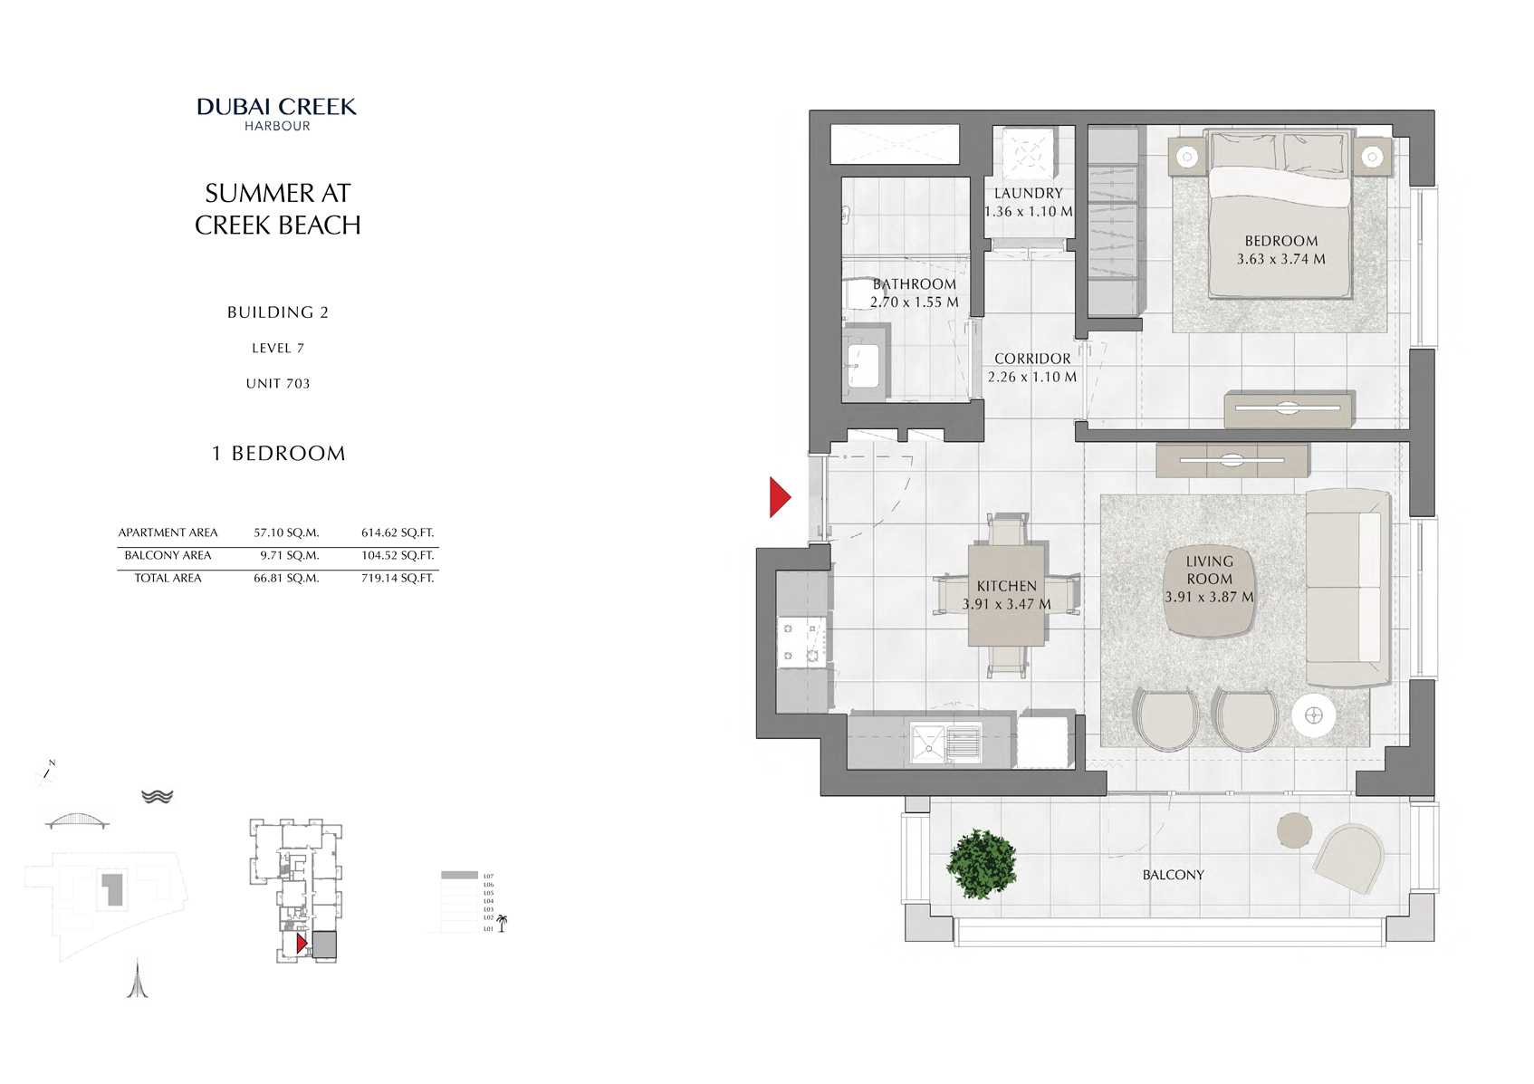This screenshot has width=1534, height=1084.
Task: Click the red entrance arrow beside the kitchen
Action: tap(779, 496)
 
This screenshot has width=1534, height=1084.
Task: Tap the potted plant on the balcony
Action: tap(982, 863)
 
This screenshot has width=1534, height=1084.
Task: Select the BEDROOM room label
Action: tap(1280, 241)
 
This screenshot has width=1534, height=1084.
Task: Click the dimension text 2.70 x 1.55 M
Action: tap(914, 302)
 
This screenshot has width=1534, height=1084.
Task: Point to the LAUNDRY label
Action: tap(1028, 193)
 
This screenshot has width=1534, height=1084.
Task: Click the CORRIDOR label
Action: tap(1032, 359)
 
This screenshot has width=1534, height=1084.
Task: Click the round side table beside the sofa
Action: tap(1314, 716)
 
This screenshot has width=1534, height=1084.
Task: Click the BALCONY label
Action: tap(1173, 875)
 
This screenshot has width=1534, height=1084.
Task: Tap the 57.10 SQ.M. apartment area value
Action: tap(286, 533)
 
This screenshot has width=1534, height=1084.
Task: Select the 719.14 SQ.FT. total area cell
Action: tap(398, 578)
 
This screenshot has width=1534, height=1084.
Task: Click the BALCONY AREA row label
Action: tap(168, 555)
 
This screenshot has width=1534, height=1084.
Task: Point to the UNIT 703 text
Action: tap(278, 384)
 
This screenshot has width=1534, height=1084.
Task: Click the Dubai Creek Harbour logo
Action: tap(277, 113)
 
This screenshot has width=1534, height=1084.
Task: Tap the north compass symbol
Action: tap(45, 772)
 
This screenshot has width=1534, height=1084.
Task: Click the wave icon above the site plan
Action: tap(157, 796)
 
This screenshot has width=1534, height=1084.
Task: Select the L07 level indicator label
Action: tap(488, 877)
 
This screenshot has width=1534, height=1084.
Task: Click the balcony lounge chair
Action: tap(1348, 858)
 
